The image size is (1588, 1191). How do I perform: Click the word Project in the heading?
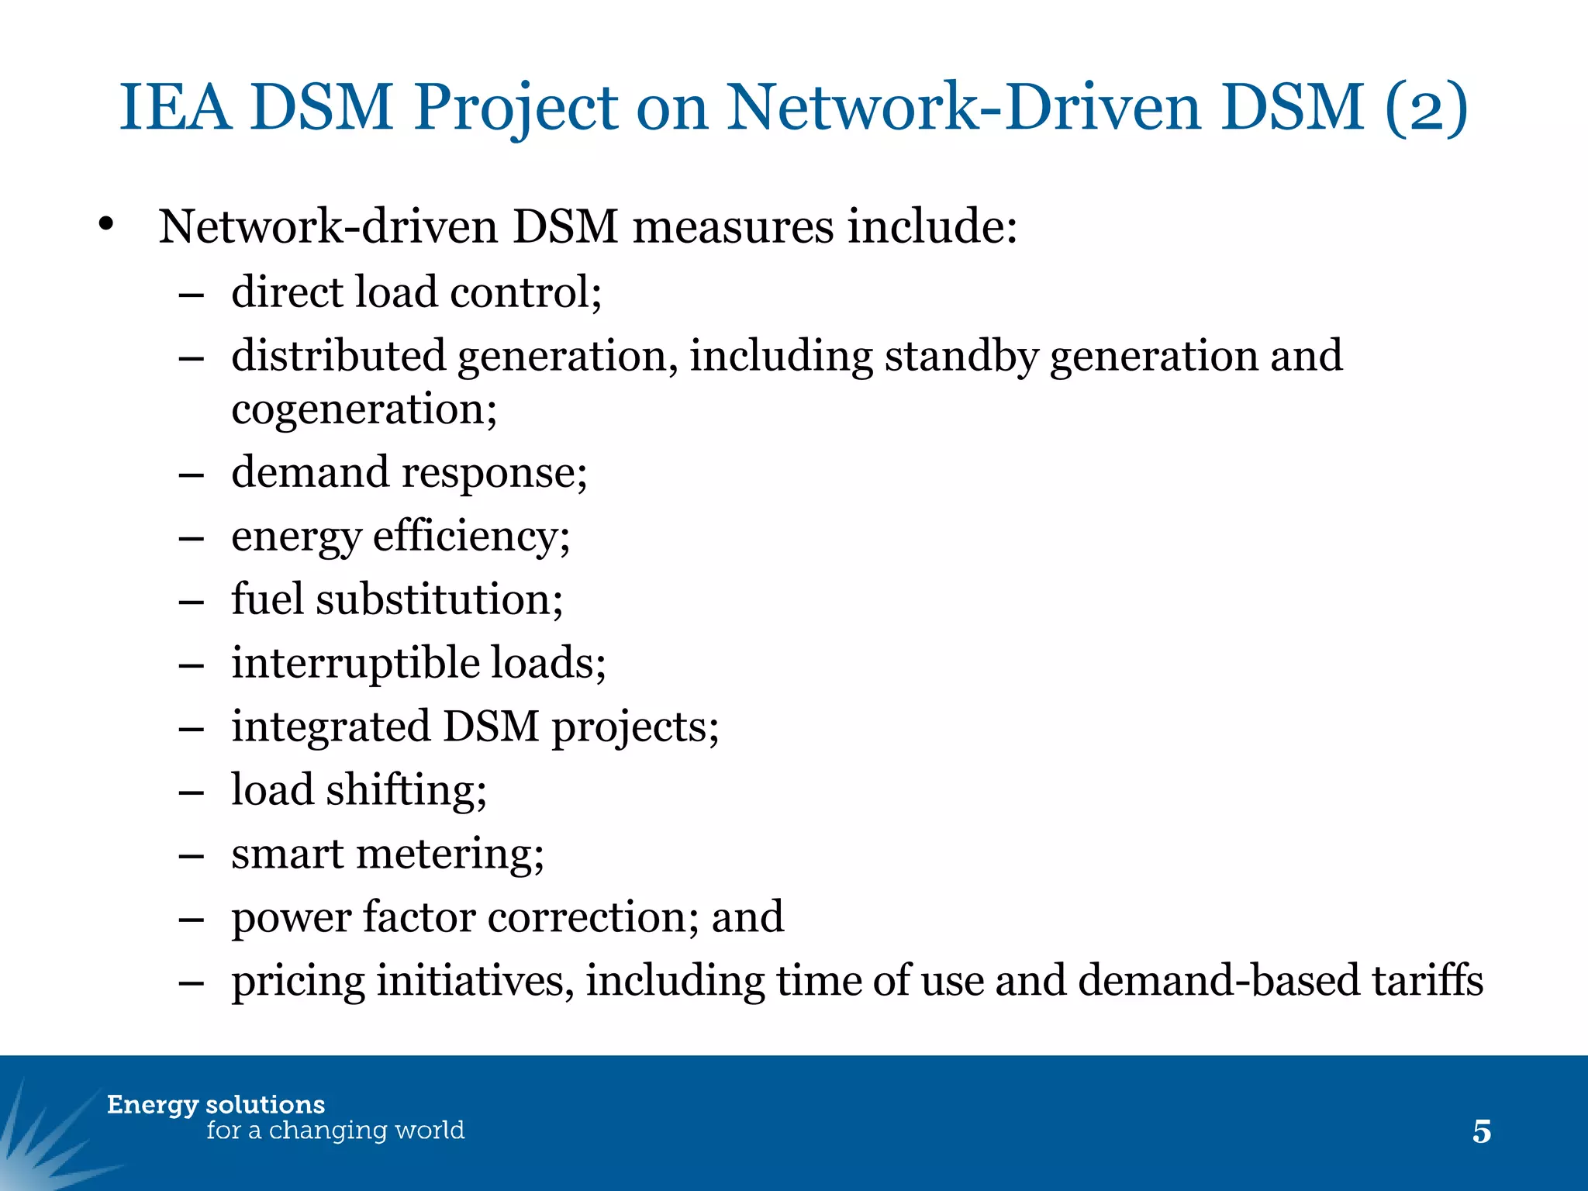[516, 109]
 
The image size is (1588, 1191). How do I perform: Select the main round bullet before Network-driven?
[106, 226]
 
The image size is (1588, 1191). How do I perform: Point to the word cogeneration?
[364, 410]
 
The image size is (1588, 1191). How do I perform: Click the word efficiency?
[471, 537]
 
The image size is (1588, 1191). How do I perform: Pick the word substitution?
[439, 600]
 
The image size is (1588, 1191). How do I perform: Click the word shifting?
[406, 791]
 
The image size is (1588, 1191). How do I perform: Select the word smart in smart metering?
[287, 854]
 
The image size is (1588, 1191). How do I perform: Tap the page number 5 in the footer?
[1481, 1132]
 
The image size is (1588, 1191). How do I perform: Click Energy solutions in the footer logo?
[216, 1105]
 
